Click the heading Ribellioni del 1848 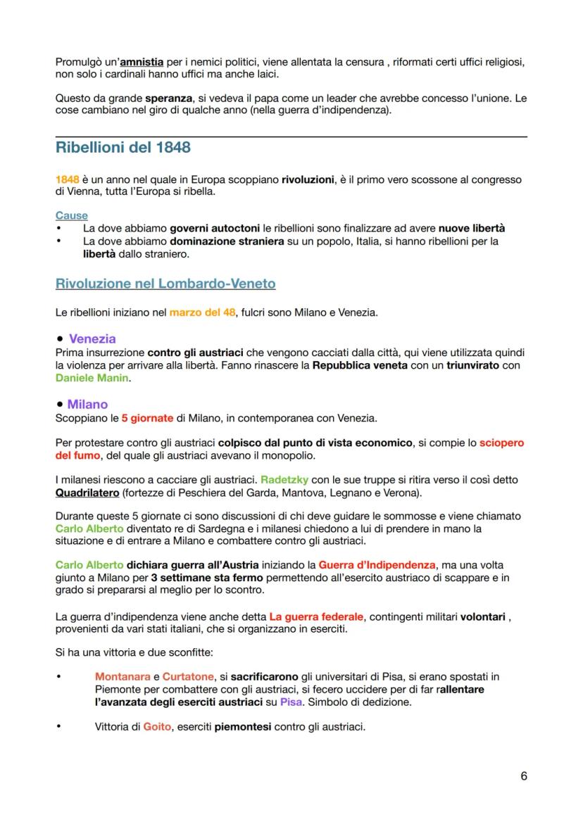click(x=123, y=148)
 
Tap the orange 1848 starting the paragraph click(x=67, y=179)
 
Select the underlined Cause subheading click(x=71, y=216)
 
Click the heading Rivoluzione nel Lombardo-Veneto click(x=165, y=284)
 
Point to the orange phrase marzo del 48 click(x=202, y=312)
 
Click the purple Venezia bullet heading click(x=92, y=338)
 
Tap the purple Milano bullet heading click(x=87, y=404)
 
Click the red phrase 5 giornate click(x=146, y=418)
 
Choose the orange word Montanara click(x=123, y=676)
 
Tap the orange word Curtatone click(x=188, y=676)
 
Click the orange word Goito click(x=157, y=727)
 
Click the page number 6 click(x=523, y=776)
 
